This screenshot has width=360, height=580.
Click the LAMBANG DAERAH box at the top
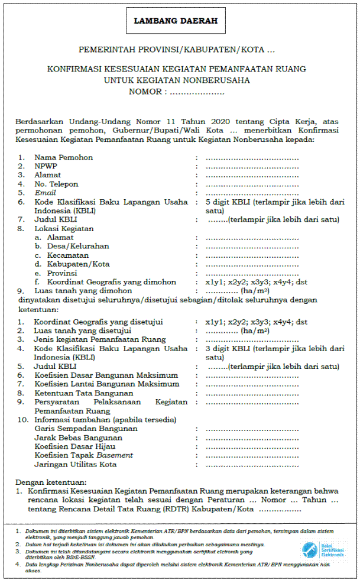click(x=176, y=21)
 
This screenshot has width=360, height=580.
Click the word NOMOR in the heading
click(x=145, y=92)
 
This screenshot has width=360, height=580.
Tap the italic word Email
click(x=45, y=193)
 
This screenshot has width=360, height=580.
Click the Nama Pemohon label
click(x=63, y=157)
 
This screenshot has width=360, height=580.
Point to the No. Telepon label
click(x=56, y=184)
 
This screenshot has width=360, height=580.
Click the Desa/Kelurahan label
click(x=71, y=246)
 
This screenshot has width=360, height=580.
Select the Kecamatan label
click(x=62, y=255)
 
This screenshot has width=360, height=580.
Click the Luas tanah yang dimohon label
click(x=83, y=291)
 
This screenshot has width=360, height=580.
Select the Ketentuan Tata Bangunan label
click(x=83, y=393)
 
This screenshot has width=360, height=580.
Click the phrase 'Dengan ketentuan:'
click(x=51, y=482)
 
